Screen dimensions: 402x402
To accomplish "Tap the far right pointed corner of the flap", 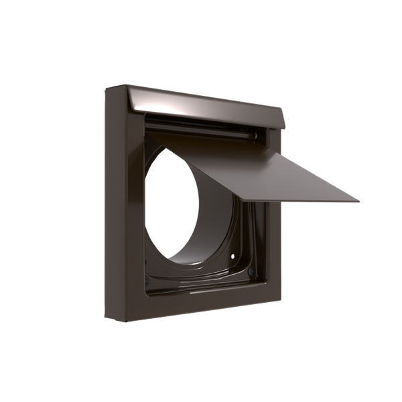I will click(x=360, y=199).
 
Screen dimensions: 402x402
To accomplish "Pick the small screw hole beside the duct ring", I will click(x=232, y=257).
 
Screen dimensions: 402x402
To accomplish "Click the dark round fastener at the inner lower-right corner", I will click(x=250, y=273).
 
